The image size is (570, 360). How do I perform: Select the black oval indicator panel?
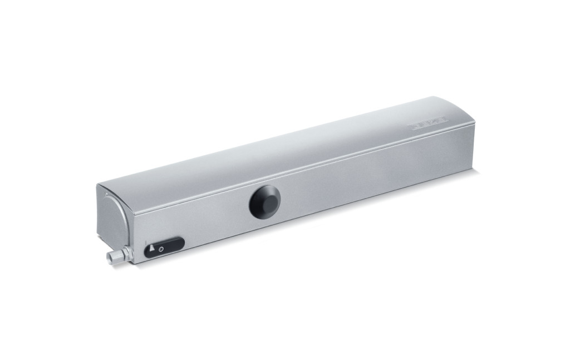[164, 247]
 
